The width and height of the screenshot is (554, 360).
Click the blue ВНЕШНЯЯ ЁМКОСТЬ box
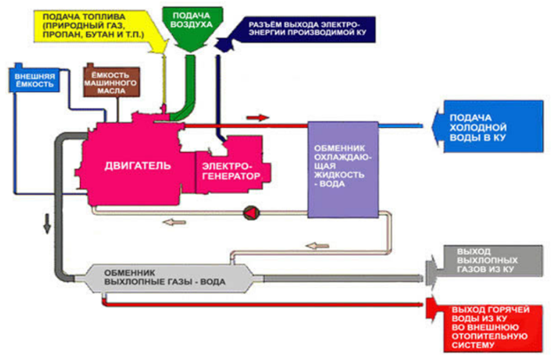[x=34, y=82]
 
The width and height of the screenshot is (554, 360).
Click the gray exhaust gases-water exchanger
[x=174, y=276]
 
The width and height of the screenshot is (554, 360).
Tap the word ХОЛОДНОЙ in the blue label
[x=475, y=127]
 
